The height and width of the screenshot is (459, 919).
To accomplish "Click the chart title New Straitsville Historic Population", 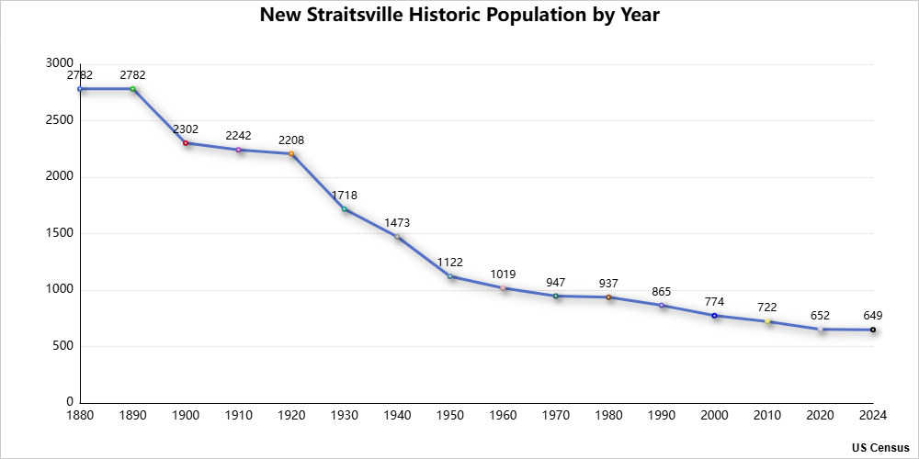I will tap(459, 16).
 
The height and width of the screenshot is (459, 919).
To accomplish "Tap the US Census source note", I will tap(879, 447).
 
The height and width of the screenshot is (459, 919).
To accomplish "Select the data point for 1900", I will tap(186, 143).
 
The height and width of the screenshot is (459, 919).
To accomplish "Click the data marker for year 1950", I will tap(450, 276).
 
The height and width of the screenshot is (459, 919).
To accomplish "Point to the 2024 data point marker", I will tap(873, 330).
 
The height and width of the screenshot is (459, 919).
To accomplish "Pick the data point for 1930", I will tap(345, 209).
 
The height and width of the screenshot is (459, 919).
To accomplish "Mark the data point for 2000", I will tap(714, 316).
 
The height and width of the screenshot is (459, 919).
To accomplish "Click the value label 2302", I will tap(186, 130).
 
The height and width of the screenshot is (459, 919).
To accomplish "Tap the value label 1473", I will tap(397, 223).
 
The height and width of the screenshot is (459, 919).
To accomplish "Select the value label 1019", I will tap(503, 274).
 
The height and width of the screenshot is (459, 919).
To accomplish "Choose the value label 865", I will tap(662, 292).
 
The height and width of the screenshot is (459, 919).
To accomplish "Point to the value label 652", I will tap(820, 316).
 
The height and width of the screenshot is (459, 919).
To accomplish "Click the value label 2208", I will tap(291, 140).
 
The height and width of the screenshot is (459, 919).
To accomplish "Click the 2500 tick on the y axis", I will tap(61, 120).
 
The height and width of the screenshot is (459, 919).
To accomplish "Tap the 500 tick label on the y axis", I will tap(64, 346).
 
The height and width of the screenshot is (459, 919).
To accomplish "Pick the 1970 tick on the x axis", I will tap(556, 416).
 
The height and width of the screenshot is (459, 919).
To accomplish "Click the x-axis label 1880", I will tap(80, 416).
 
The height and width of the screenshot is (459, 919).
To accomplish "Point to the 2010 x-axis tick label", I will tap(767, 416).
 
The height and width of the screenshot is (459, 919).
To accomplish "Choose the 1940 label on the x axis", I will tap(397, 416).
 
